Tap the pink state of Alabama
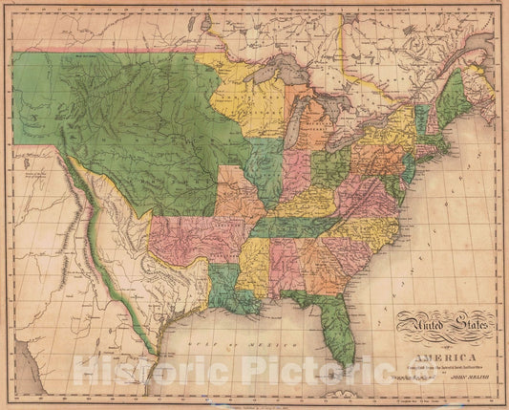(x=286, y=262)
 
